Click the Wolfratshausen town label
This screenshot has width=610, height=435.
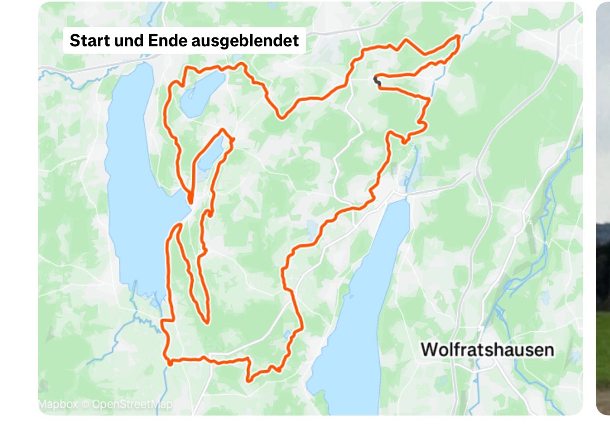487,350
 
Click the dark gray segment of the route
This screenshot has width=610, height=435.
376,81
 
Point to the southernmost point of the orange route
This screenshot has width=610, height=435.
249,380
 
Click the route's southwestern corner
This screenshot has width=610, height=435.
170,362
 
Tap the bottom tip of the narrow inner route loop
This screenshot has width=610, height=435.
206,322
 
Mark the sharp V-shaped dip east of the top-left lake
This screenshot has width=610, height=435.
282,117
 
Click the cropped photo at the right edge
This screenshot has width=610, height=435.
603,211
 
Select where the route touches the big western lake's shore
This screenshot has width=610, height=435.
190,200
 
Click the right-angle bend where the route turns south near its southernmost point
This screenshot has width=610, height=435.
248,359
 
